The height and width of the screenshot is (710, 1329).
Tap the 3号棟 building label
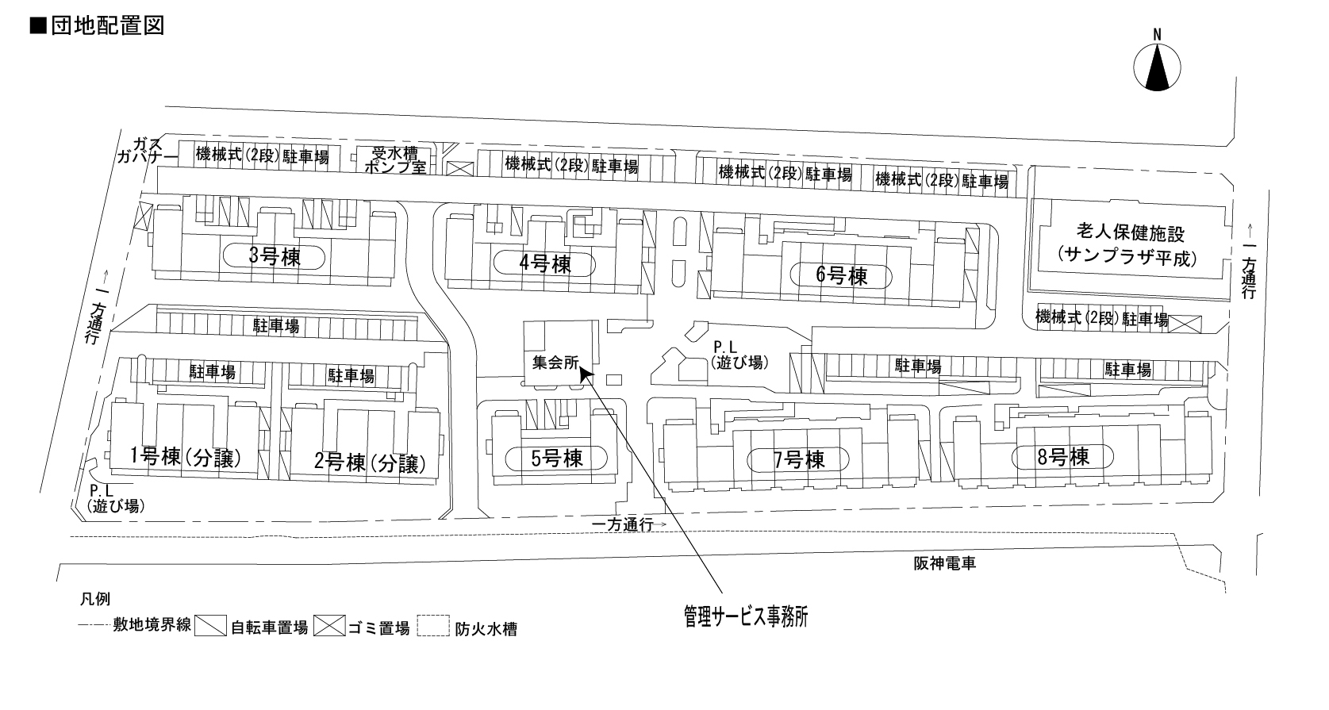275,257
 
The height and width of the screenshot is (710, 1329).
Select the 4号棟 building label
545,263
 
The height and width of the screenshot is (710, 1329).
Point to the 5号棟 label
556,459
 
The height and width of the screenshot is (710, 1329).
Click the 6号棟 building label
842,276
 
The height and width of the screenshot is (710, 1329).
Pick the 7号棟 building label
798,459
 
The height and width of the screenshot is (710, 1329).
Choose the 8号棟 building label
1062,456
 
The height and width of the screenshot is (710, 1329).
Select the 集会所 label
553,363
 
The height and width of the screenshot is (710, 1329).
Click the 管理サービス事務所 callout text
745,615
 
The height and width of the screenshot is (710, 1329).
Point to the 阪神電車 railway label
943,563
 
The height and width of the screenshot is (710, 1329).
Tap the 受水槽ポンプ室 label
394,159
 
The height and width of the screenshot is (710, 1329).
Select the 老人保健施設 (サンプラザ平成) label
1130,245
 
